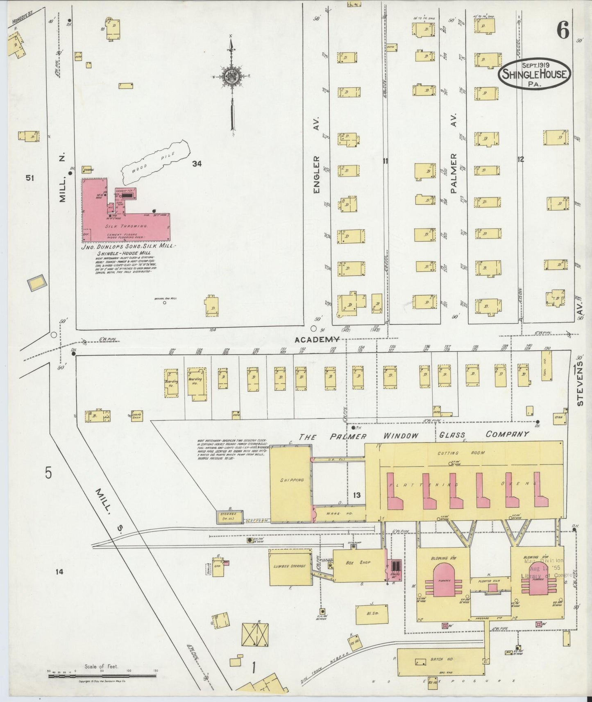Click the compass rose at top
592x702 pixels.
[x=231, y=77]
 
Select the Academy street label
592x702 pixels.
[x=317, y=339]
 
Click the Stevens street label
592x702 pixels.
[x=579, y=384]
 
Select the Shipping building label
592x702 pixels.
[x=292, y=480]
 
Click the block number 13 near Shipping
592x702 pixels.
[x=356, y=495]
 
